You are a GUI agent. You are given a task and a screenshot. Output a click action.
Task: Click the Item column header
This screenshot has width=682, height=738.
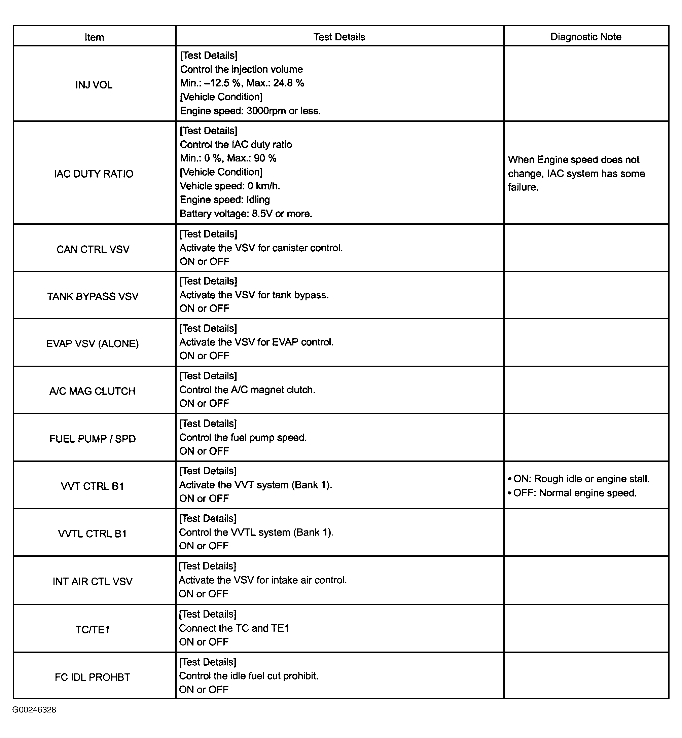click(x=94, y=37)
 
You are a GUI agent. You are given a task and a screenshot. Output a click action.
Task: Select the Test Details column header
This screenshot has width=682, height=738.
click(x=339, y=37)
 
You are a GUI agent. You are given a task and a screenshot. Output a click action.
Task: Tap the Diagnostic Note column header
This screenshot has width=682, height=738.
click(x=586, y=37)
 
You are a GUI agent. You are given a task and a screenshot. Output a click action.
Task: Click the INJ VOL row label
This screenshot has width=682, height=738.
click(x=94, y=85)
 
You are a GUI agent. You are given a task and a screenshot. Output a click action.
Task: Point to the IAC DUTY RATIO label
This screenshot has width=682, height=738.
click(x=94, y=174)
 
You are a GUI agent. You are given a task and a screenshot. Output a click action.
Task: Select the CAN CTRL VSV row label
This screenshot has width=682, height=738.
click(x=93, y=250)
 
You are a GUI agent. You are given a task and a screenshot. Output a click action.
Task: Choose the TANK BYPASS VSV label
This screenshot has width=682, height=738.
click(x=93, y=296)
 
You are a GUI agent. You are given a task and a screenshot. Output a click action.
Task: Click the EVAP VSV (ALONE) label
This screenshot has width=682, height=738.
click(x=93, y=343)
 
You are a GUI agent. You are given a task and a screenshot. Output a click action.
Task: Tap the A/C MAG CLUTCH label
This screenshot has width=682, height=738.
click(x=93, y=391)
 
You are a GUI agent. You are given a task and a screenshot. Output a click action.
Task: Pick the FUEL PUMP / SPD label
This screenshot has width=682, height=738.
click(x=93, y=439)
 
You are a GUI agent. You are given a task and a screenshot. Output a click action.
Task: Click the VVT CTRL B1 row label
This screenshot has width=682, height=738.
click(x=93, y=486)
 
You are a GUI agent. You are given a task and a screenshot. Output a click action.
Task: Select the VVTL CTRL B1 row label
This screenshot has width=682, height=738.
click(x=93, y=534)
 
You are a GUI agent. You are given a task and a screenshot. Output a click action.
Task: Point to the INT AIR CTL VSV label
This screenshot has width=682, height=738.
click(x=93, y=582)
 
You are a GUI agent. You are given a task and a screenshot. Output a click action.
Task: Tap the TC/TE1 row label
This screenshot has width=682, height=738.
click(x=93, y=629)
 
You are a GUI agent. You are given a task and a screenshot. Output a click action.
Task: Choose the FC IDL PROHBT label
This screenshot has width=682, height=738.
click(x=93, y=677)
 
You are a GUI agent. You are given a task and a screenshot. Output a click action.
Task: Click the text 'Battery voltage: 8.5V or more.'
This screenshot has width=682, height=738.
click(x=246, y=214)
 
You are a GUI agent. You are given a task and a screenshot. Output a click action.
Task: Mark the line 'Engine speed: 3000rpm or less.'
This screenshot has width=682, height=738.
click(x=250, y=111)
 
